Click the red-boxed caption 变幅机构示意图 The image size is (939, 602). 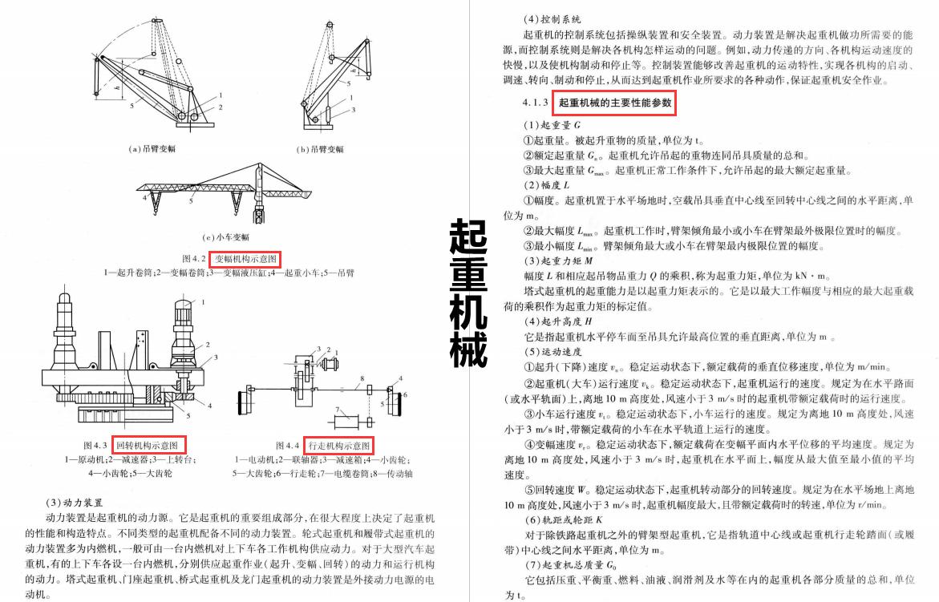(245, 259)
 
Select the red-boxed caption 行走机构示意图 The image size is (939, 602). (340, 445)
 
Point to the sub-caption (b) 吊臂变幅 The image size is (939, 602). (320, 149)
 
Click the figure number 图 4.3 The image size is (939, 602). (95, 445)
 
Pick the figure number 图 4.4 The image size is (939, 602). (287, 445)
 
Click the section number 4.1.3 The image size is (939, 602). (535, 103)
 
